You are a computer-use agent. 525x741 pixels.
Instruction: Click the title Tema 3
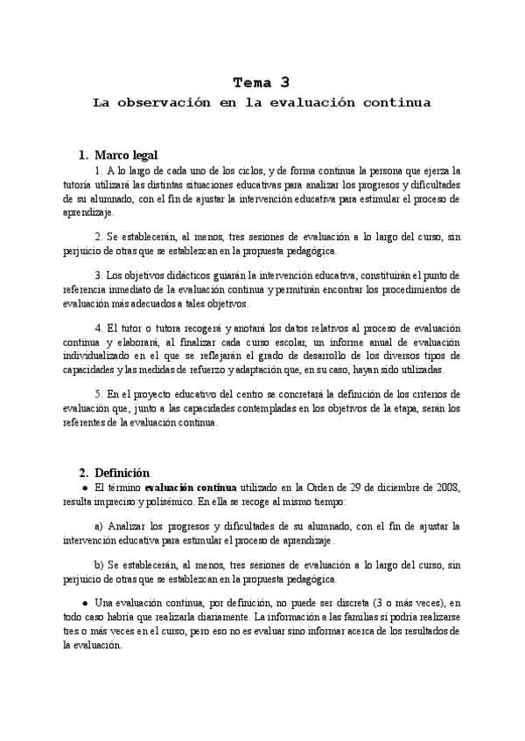[261, 83]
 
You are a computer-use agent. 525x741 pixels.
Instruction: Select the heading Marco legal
[126, 155]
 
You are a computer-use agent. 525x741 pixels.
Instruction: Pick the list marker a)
[99, 526]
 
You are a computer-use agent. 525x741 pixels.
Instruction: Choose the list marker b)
[99, 566]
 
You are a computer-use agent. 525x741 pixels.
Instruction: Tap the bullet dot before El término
[84, 487]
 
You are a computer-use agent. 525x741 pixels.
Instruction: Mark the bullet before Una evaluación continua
[84, 605]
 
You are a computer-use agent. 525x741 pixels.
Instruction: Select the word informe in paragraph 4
[314, 343]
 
